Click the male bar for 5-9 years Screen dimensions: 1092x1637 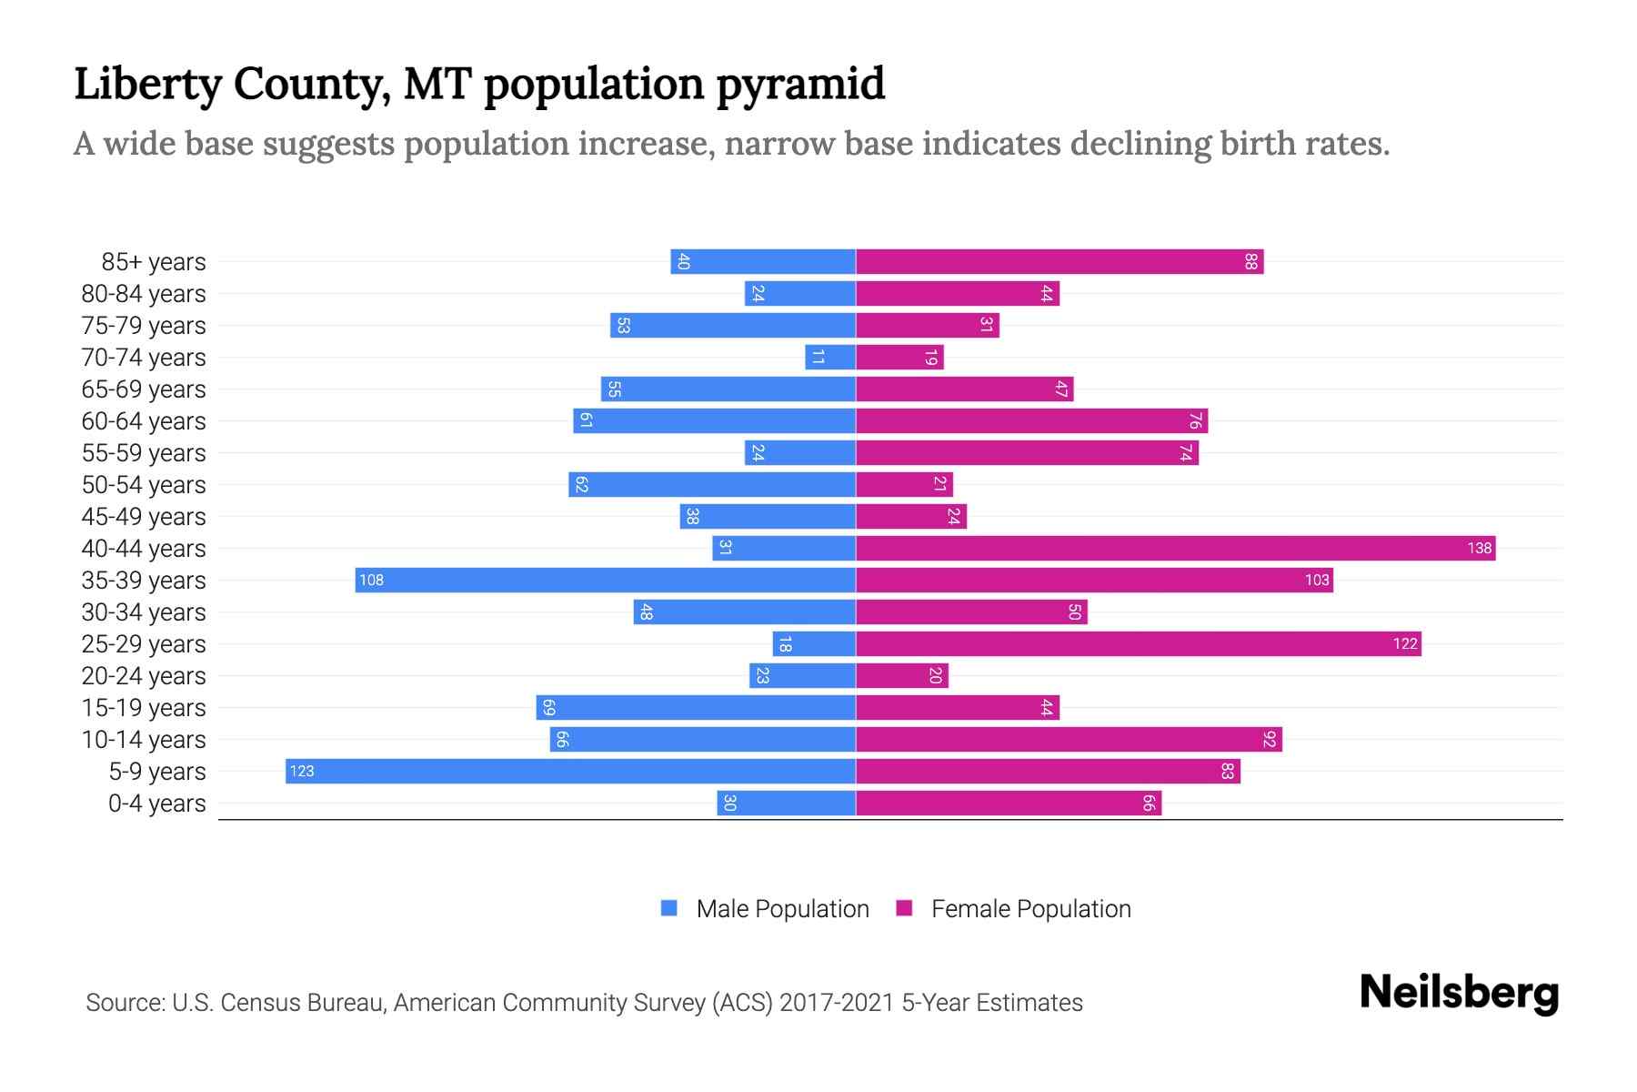tap(570, 771)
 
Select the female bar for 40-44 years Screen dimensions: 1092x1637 tap(1175, 548)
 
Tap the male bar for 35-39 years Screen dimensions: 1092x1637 tap(605, 580)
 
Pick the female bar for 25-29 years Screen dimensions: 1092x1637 tap(1138, 643)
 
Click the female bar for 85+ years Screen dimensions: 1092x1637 tap(1060, 261)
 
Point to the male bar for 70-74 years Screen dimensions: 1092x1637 tap(830, 357)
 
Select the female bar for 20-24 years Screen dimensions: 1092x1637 tap(901, 675)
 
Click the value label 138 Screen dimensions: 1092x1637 tap(1479, 548)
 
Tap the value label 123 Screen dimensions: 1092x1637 tap(301, 771)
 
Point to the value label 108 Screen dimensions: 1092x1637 tap(371, 580)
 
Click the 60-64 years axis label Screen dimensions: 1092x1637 tap(144, 421)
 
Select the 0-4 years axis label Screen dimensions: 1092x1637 tap(156, 804)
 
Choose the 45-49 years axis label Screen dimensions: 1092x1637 tap(144, 517)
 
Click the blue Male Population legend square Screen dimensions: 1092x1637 tap(669, 908)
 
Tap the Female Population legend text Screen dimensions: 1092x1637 tap(1030, 909)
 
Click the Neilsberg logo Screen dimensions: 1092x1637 tap(1459, 993)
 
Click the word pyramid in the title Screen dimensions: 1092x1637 tap(799, 84)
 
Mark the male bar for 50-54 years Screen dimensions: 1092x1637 tap(712, 484)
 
